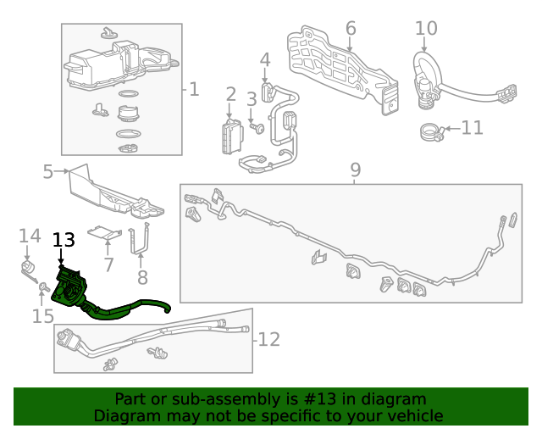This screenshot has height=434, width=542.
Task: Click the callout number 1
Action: (194, 88)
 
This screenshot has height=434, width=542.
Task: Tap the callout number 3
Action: (252, 100)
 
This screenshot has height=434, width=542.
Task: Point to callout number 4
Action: (265, 60)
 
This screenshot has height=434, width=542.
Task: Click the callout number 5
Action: (48, 173)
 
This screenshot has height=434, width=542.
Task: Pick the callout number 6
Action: (351, 29)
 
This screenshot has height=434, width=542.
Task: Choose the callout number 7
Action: (108, 264)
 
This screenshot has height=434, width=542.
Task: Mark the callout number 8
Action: (142, 276)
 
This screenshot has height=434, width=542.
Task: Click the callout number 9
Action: (355, 170)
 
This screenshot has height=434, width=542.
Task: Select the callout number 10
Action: (426, 29)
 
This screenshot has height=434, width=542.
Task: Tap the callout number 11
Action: (472, 128)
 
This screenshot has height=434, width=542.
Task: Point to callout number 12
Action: (268, 340)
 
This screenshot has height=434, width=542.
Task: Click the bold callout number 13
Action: (64, 241)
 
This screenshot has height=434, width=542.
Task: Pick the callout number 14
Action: (30, 236)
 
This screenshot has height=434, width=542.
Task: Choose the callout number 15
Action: (42, 316)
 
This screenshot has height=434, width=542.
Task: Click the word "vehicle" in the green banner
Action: (412, 415)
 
